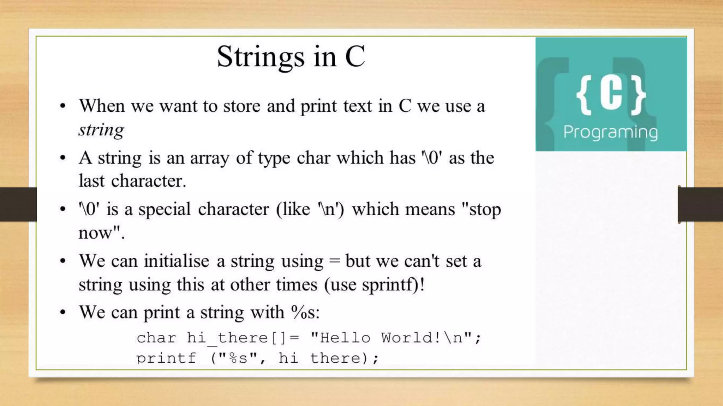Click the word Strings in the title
(260, 57)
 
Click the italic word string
(101, 130)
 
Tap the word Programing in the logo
(610, 133)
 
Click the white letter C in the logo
(611, 94)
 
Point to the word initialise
(176, 261)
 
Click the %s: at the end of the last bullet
(305, 312)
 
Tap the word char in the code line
(156, 338)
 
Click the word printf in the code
(166, 358)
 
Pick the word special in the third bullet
(164, 209)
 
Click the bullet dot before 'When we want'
(63, 106)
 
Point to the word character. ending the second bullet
(148, 181)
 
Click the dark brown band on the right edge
(701, 204)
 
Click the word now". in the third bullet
(101, 233)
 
